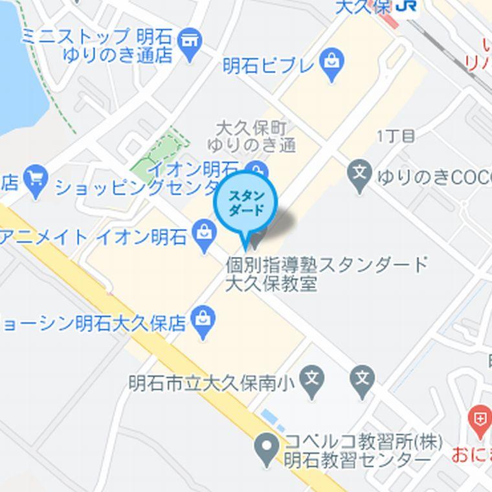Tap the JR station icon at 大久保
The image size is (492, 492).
(x=407, y=6)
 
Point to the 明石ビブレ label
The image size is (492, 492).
(x=268, y=65)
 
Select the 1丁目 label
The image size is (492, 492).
(x=395, y=136)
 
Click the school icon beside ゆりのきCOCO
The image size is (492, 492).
(x=360, y=173)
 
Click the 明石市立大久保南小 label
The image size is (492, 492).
(x=212, y=383)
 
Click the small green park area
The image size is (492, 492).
(x=158, y=155)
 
